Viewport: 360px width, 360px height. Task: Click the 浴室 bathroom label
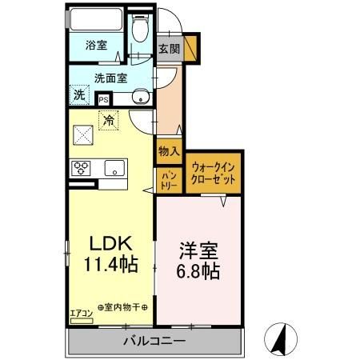click(x=96, y=46)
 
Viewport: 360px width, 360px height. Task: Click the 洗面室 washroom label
click(x=110, y=78)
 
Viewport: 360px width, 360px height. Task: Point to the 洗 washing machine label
click(x=79, y=94)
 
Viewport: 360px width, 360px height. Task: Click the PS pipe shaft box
click(x=103, y=99)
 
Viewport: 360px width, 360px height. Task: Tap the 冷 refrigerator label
click(x=110, y=122)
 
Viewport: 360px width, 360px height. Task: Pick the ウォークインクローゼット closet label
click(x=214, y=174)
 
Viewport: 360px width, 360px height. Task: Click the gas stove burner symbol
click(x=82, y=169)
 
